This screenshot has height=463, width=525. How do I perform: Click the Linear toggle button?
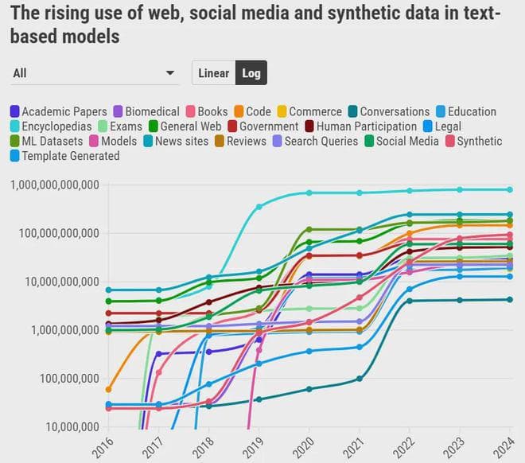pos(213,73)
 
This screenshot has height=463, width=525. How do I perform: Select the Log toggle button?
pos(251,73)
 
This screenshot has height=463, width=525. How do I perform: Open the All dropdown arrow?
pos(170,73)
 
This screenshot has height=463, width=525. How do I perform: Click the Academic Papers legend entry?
pos(58,112)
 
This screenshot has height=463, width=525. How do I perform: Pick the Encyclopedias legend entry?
pos(49,126)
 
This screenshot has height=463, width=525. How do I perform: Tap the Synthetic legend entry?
pos(472,142)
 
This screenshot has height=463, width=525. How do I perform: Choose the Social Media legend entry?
pos(400,142)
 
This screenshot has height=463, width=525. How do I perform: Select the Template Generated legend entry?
pos(64,156)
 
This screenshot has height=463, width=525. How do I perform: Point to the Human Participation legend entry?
pos(360,126)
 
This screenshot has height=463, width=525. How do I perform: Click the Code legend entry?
pos(251,112)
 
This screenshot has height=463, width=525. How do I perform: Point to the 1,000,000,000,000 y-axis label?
pos(54,185)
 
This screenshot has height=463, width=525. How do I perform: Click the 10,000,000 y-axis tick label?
pos(70,426)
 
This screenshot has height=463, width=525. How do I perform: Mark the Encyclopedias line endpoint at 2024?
pos(510,189)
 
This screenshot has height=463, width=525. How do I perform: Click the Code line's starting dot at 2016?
pos(108,389)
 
